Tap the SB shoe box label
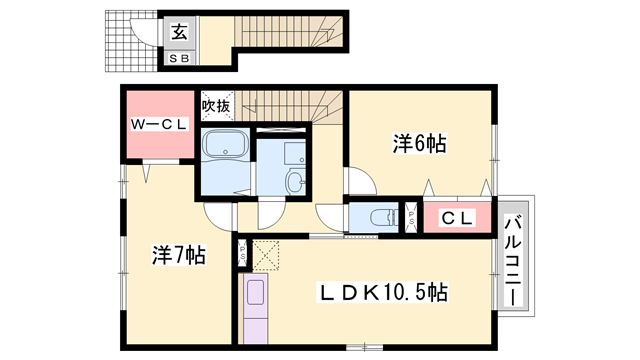point(181,58)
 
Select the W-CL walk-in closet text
point(157,125)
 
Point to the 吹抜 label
point(216,104)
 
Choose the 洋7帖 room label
point(178,255)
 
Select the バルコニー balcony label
point(516,253)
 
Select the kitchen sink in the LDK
point(254,294)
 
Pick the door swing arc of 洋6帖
point(361,181)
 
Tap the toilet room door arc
point(331,216)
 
